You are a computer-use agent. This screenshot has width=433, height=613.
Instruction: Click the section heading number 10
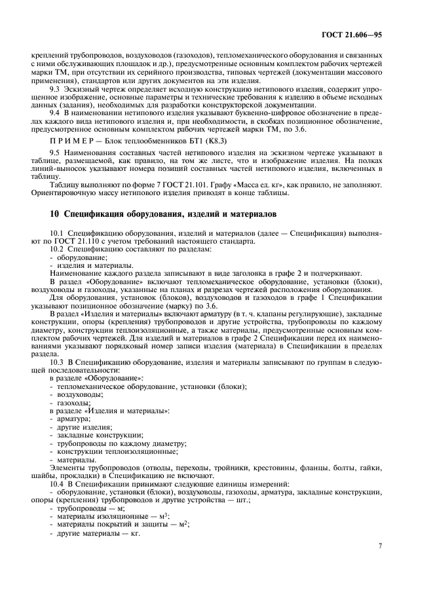[55, 214]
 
